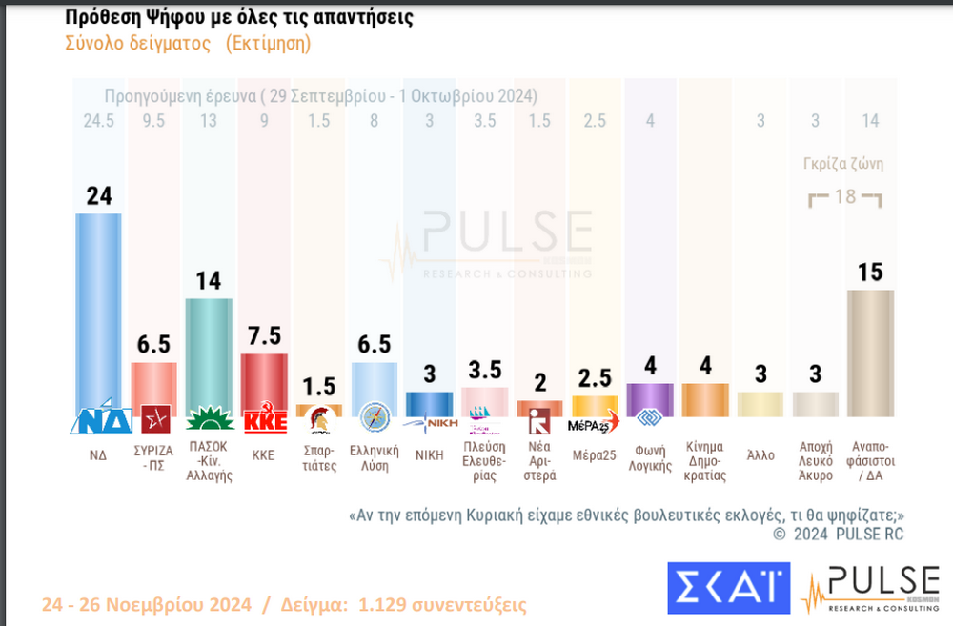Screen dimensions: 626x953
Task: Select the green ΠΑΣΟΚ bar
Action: [x=208, y=353]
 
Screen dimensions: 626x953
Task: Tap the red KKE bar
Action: [x=263, y=381]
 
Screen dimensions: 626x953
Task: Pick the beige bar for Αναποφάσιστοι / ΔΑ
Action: [x=870, y=353]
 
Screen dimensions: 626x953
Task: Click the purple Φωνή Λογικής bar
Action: [x=649, y=399]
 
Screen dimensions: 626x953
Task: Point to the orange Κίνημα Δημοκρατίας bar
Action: [x=704, y=399]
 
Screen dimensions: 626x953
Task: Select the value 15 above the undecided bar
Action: [x=870, y=273]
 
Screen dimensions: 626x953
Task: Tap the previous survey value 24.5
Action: [x=98, y=121]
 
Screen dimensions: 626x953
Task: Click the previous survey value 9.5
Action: [x=153, y=121]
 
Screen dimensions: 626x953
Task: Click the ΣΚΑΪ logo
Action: [x=729, y=588]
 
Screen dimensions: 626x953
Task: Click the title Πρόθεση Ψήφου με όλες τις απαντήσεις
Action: [x=238, y=18]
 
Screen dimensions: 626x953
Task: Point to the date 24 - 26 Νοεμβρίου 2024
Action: [x=146, y=605]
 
